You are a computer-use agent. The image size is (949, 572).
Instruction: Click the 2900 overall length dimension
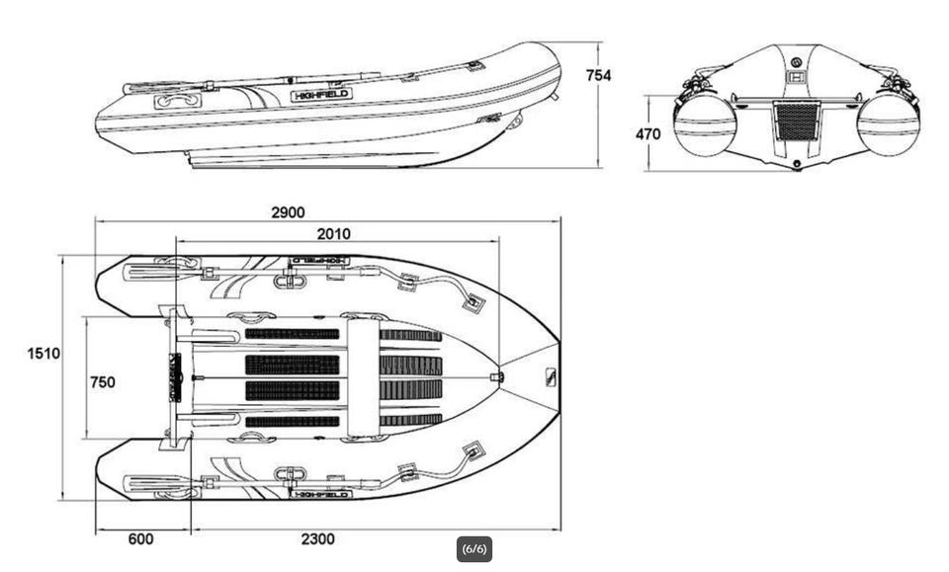[x=288, y=211]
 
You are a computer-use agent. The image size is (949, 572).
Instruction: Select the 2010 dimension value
[x=332, y=234]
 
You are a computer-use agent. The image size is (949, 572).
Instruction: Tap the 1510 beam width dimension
[x=43, y=354]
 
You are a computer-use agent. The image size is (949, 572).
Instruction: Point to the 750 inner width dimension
[x=102, y=382]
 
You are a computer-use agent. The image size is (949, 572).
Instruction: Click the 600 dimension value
[x=140, y=539]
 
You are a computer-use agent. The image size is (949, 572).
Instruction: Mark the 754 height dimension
[x=598, y=75]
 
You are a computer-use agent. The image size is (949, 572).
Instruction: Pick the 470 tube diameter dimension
[x=648, y=134]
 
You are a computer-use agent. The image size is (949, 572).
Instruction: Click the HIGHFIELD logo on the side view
[x=321, y=95]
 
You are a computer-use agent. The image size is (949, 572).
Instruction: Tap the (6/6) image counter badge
[x=474, y=549]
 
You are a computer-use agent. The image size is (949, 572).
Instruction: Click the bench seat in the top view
[x=363, y=377]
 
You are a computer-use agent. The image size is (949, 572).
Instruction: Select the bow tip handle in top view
[x=551, y=377]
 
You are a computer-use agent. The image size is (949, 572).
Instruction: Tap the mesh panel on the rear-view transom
[x=796, y=121]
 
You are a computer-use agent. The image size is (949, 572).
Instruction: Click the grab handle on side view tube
[x=178, y=101]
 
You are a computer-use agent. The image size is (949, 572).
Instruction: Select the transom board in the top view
[x=176, y=377]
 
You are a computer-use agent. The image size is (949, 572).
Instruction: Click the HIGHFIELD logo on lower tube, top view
[x=321, y=493]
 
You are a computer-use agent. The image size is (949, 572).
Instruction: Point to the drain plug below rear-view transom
[x=797, y=164]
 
